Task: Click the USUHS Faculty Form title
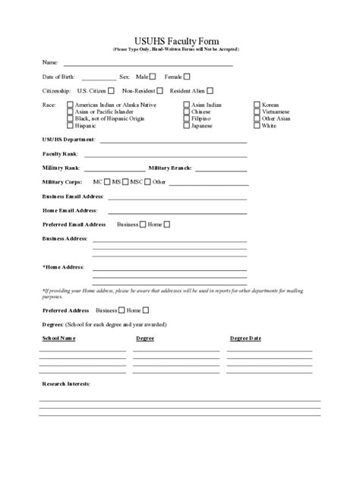click(x=180, y=40)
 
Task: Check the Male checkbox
click(x=153, y=76)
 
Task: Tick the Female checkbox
click(x=187, y=76)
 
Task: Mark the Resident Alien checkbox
click(x=209, y=90)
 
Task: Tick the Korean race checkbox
click(x=257, y=105)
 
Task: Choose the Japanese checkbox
click(x=186, y=125)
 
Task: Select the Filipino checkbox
click(x=186, y=118)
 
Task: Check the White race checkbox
click(x=257, y=125)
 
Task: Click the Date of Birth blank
click(x=99, y=78)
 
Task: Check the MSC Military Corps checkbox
click(x=148, y=182)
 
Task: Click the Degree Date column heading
click(x=245, y=338)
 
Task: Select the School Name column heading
click(x=58, y=338)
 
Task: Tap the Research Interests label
click(x=66, y=384)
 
